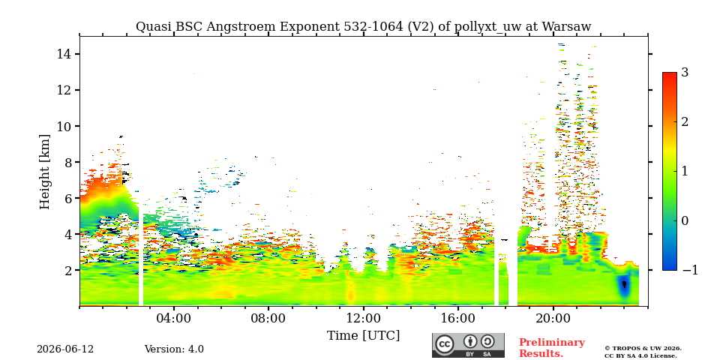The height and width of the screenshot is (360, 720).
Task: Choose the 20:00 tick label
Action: click(553, 318)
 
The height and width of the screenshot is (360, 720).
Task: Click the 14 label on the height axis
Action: click(63, 54)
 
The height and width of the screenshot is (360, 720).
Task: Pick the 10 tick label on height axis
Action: click(63, 126)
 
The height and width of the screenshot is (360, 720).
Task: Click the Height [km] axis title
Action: click(44, 172)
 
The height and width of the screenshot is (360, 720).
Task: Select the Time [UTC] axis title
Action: click(363, 336)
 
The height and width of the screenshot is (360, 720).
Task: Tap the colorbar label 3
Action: click(685, 72)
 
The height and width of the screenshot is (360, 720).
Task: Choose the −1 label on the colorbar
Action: click(690, 270)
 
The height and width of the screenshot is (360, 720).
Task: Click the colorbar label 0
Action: click(685, 220)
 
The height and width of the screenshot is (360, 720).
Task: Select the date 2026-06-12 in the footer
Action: click(65, 349)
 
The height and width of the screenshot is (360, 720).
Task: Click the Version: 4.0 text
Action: click(174, 349)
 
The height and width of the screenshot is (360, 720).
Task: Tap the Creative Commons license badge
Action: click(468, 345)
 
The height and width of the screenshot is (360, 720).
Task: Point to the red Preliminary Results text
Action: click(552, 348)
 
